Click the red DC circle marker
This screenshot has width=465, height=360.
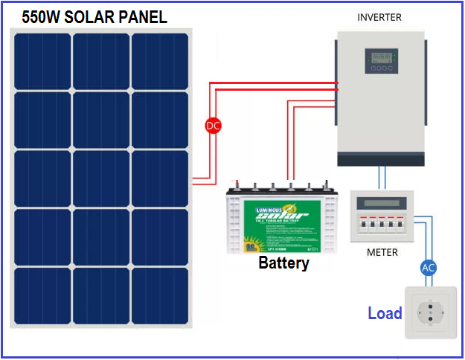pyautogui.click(x=214, y=126)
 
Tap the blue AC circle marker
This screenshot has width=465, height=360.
pyautogui.click(x=428, y=268)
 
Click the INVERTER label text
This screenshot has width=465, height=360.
pyautogui.click(x=379, y=17)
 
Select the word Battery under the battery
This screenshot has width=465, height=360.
pyautogui.click(x=283, y=263)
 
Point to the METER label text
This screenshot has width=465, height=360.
pyautogui.click(x=382, y=252)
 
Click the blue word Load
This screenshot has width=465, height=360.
pyautogui.click(x=385, y=313)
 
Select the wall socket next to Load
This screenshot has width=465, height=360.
pyautogui.click(x=429, y=312)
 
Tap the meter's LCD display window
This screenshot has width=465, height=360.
pyautogui.click(x=382, y=202)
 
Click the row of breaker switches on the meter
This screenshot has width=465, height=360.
pyautogui.click(x=382, y=224)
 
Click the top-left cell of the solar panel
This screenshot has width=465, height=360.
pyautogui.click(x=42, y=60)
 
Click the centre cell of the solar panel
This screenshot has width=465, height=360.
pyautogui.click(x=101, y=178)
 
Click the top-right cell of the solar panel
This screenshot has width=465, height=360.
pyautogui.click(x=160, y=60)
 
